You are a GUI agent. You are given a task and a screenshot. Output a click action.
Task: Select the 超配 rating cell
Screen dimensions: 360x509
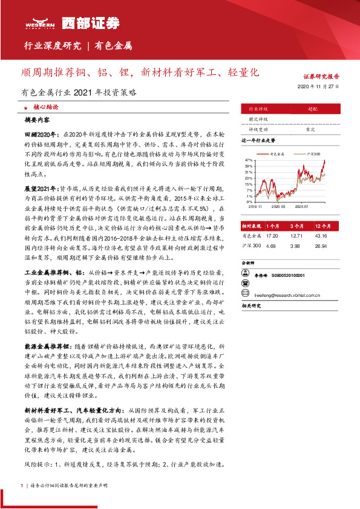pyautogui.click(x=312, y=109)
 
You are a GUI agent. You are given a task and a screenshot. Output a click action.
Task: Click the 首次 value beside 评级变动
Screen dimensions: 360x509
pyautogui.click(x=310, y=129)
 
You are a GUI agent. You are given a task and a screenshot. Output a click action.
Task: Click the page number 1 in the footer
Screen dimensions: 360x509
pyautogui.click(x=22, y=485)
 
